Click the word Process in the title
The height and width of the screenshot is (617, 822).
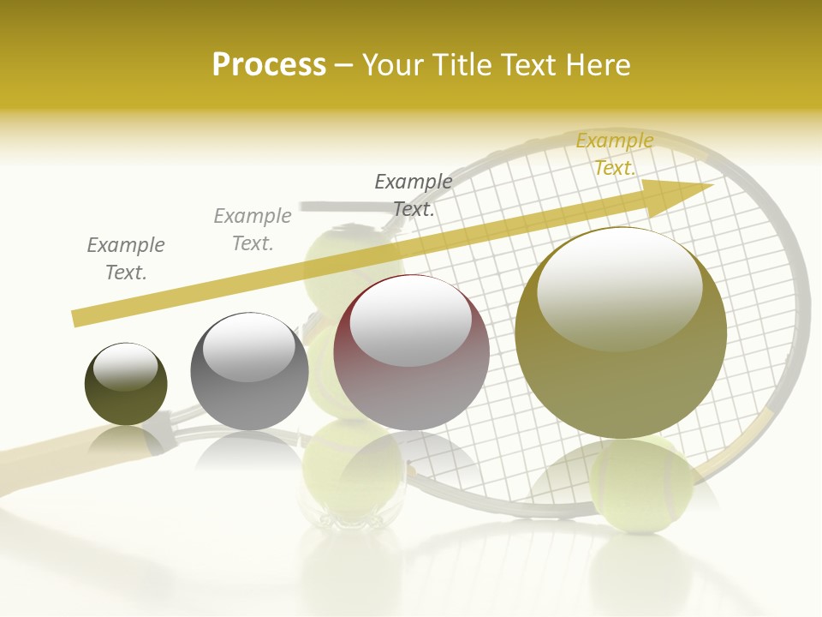click(269, 65)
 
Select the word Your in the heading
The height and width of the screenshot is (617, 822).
click(391, 65)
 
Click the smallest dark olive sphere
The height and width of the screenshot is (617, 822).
click(126, 386)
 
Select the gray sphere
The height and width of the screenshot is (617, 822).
click(249, 372)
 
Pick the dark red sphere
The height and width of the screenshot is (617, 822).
click(411, 353)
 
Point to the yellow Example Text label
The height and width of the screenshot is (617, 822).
click(614, 154)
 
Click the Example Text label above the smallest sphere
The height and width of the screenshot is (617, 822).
click(126, 259)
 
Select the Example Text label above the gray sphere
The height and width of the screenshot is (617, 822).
click(253, 230)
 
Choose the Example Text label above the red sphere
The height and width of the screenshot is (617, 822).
click(414, 195)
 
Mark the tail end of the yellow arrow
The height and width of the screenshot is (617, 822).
click(79, 318)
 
